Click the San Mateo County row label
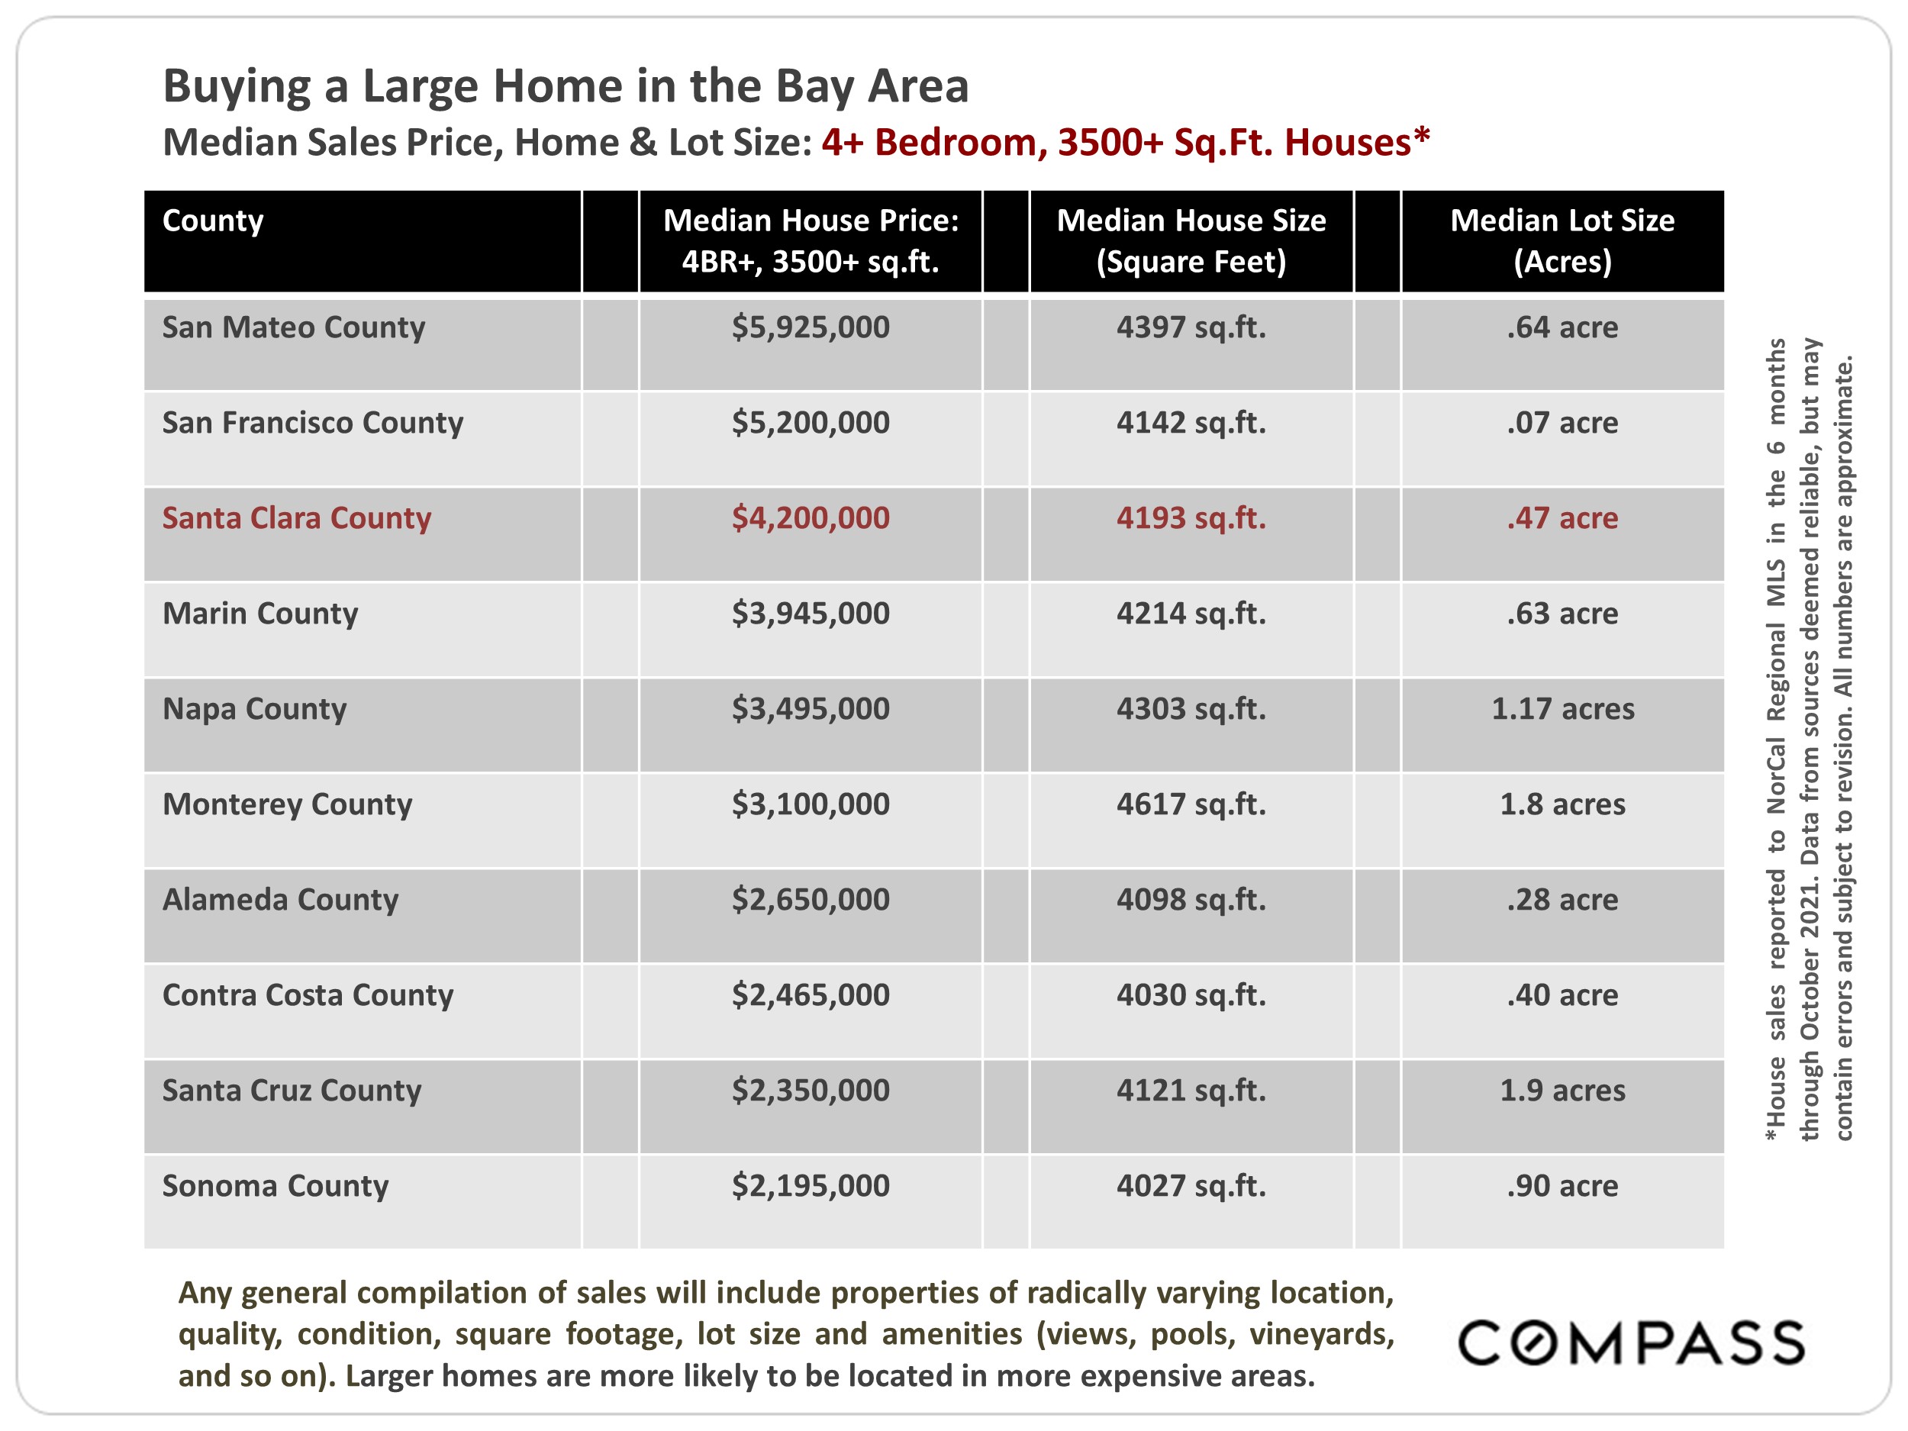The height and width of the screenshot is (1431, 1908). pos(293,327)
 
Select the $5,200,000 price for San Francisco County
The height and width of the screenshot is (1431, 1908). pos(810,423)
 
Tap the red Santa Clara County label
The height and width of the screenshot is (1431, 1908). pos(296,518)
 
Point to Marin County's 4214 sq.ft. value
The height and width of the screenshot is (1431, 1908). pos(1191,614)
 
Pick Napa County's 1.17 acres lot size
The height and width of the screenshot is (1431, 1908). pos(1562,709)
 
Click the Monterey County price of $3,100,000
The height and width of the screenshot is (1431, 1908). pos(810,804)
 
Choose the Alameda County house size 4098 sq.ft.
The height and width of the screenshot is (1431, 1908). pos(1191,900)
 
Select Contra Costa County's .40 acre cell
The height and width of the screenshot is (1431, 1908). pos(1562,995)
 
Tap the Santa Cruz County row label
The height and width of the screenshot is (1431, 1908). pos(292,1091)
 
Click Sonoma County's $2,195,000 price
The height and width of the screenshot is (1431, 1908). pos(810,1186)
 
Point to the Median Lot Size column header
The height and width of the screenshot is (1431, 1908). pos(1562,240)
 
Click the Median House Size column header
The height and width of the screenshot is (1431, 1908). pos(1191,240)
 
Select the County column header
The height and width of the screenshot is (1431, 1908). pos(213,221)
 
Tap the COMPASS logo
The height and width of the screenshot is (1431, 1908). pos(1631,1343)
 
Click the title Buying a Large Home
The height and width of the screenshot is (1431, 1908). pos(565,86)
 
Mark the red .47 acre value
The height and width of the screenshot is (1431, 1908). pos(1562,518)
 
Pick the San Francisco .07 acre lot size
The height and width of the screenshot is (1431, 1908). pos(1562,423)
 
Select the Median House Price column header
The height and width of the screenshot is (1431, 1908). pos(810,240)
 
